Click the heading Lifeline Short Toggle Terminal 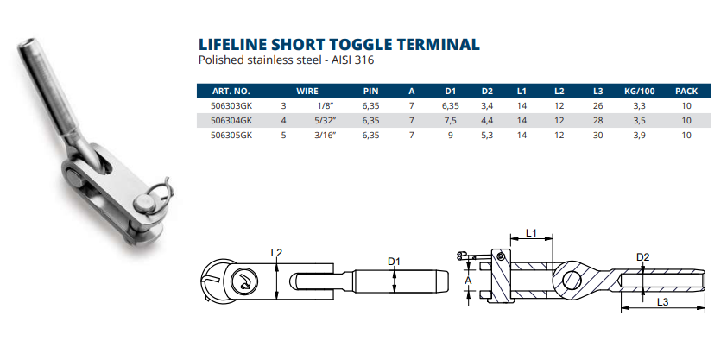tap(338, 44)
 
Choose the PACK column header tap(686, 90)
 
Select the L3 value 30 tap(598, 136)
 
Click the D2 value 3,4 tap(486, 105)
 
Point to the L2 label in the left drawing tap(276, 253)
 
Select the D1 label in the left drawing tap(395, 261)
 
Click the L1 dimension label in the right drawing tap(531, 233)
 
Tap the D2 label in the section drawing tap(642, 256)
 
